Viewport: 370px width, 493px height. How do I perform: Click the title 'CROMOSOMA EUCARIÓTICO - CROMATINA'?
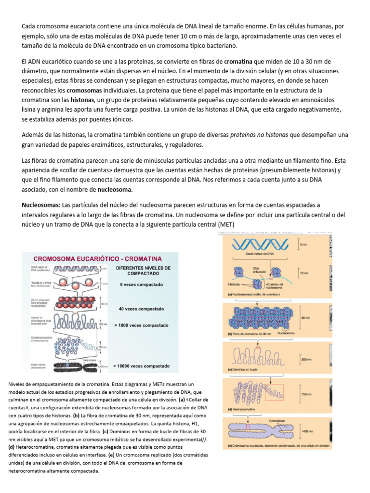[97, 258]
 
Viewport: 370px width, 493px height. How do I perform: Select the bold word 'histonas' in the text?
[83, 100]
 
